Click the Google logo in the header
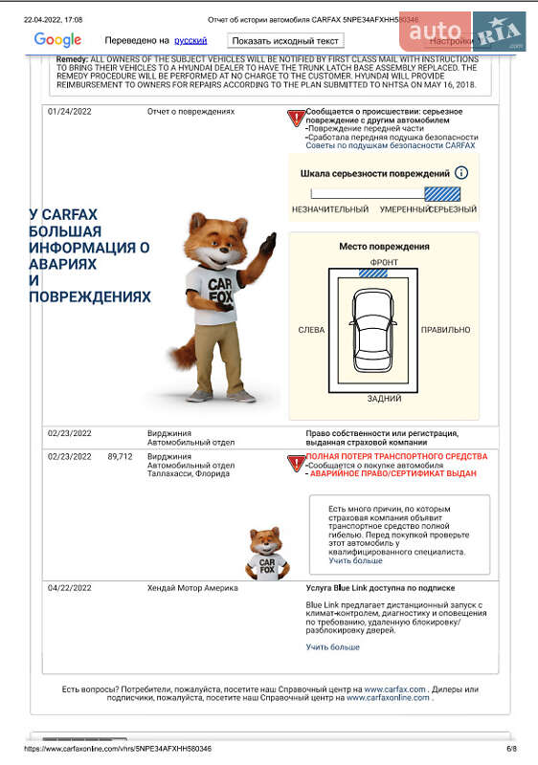pos(57,40)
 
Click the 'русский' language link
pos(190,41)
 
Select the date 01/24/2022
pos(70,112)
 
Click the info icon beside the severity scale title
pos(461,173)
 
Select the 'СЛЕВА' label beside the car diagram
pos(311,330)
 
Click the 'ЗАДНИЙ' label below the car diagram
pos(384,399)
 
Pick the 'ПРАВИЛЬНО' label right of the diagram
pos(445,330)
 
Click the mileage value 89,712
pos(120,457)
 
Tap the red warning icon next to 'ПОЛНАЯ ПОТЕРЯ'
pos(296,463)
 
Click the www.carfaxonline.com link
pos(388,698)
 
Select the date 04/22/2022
pos(70,588)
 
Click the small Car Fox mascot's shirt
pos(266,565)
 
